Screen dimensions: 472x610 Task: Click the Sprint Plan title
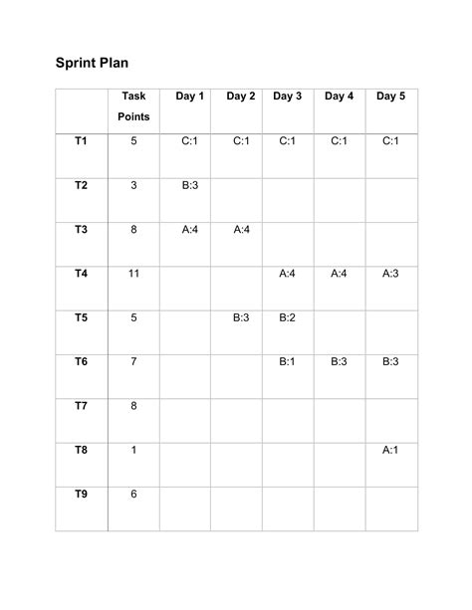(x=91, y=63)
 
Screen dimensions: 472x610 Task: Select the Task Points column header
(x=133, y=106)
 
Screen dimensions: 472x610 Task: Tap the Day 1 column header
(x=189, y=97)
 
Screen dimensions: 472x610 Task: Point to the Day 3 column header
(x=287, y=97)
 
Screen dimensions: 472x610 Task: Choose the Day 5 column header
(x=391, y=97)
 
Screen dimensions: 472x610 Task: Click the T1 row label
(x=81, y=141)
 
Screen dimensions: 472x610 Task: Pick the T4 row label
(x=81, y=274)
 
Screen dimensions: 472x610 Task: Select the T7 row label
(x=81, y=406)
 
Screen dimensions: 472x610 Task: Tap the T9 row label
(x=81, y=495)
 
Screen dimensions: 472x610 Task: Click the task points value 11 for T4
(x=133, y=274)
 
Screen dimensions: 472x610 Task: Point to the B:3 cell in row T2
(x=190, y=185)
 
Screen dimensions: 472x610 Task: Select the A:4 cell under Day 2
(x=240, y=230)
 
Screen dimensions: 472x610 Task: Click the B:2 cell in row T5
(x=287, y=318)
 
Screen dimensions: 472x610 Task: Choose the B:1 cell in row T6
(x=287, y=362)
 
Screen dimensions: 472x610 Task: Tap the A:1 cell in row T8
(x=391, y=450)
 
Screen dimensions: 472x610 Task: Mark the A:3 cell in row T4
(x=391, y=274)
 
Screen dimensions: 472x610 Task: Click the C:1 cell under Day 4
(x=339, y=141)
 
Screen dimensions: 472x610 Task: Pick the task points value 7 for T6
(x=133, y=362)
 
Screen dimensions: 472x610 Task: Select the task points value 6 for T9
(x=133, y=495)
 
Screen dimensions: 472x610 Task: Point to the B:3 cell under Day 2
(x=240, y=318)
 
